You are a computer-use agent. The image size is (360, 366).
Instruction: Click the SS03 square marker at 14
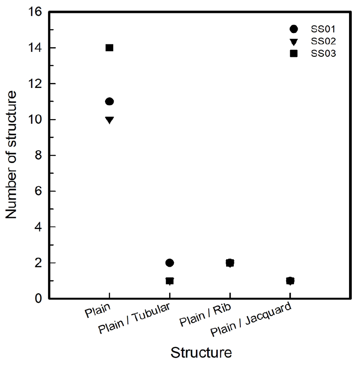coord(109,48)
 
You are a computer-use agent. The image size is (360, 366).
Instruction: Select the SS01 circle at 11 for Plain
coord(109,101)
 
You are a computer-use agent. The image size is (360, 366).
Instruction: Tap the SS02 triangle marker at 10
coord(109,120)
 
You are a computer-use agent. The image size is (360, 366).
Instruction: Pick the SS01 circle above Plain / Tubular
coord(170,262)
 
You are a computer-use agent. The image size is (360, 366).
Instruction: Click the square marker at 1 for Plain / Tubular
coord(170,281)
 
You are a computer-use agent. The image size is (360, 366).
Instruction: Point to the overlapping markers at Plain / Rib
coord(230,262)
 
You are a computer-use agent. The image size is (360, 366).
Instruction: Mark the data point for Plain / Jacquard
coord(290,280)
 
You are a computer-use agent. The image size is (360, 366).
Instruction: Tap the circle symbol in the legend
coord(294,29)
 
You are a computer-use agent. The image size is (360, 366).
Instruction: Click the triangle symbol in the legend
coord(294,42)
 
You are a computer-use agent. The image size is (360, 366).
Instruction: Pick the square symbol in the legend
coord(294,54)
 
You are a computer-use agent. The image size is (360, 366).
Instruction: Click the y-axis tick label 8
coord(40,155)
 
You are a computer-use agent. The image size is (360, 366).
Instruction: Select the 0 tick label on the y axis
coord(40,299)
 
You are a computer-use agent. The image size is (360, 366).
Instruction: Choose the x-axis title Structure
coord(201,353)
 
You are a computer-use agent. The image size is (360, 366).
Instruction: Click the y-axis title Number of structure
coord(12,155)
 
